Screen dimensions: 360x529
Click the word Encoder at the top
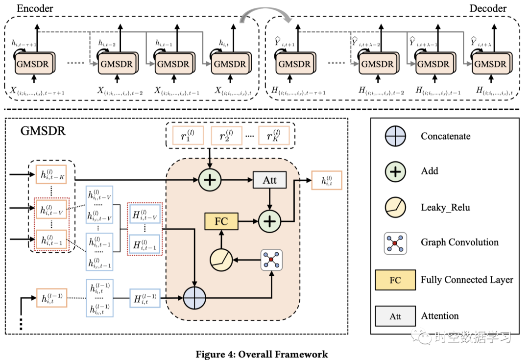pyautogui.click(x=35, y=8)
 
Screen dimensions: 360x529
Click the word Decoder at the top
pyautogui.click(x=488, y=8)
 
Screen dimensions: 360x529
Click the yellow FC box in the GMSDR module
pyautogui.click(x=221, y=221)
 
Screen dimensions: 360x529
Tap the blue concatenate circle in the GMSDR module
pyautogui.click(x=195, y=297)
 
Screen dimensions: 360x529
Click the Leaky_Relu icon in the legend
pyautogui.click(x=395, y=207)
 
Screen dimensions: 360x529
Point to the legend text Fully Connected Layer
pyautogui.click(x=467, y=280)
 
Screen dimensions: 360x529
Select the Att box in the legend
pyautogui.click(x=395, y=316)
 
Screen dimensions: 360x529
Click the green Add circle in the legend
pyautogui.click(x=395, y=171)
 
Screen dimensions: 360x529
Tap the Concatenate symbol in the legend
pyautogui.click(x=395, y=136)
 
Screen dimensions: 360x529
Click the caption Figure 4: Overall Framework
pyautogui.click(x=262, y=354)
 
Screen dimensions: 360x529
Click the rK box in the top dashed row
pyautogui.click(x=271, y=136)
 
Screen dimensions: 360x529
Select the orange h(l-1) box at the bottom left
pyautogui.click(x=50, y=297)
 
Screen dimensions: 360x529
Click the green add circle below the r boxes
pyautogui.click(x=210, y=180)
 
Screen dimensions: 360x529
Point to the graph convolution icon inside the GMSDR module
pyautogui.click(x=272, y=260)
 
